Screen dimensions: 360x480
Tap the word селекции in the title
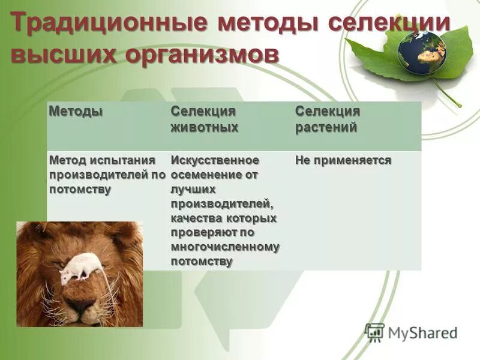point(390,23)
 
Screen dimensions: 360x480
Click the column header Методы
point(75,112)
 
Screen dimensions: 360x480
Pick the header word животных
point(204,127)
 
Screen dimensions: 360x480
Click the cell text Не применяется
point(343,160)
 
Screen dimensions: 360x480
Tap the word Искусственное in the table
point(215,160)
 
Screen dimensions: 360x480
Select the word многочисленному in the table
point(225,247)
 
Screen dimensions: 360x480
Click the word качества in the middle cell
point(195,218)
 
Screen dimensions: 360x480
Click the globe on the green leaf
point(421,52)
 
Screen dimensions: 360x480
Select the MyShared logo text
point(422,332)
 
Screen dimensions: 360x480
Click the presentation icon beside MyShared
point(374,332)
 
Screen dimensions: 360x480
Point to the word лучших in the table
point(193,189)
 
